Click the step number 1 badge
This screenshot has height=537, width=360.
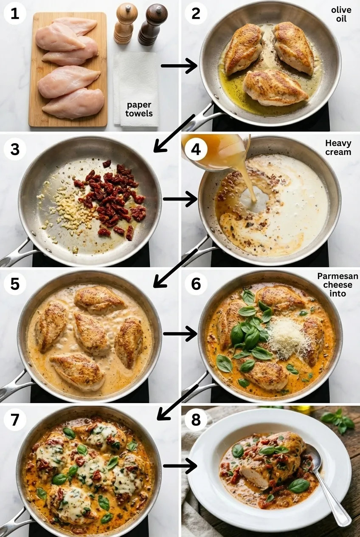tap(15, 14)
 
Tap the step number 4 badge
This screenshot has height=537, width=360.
tap(196, 149)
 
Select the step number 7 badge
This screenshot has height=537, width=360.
tap(15, 420)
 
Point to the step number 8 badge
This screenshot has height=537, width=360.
tap(196, 420)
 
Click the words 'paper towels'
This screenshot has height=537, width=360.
tap(139, 109)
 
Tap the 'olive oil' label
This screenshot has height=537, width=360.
tap(341, 14)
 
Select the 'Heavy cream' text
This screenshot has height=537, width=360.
tap(338, 147)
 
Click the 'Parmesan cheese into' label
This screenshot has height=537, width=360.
tap(337, 285)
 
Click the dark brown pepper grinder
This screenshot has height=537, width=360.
tap(152, 24)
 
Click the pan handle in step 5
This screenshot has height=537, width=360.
tap(15, 387)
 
